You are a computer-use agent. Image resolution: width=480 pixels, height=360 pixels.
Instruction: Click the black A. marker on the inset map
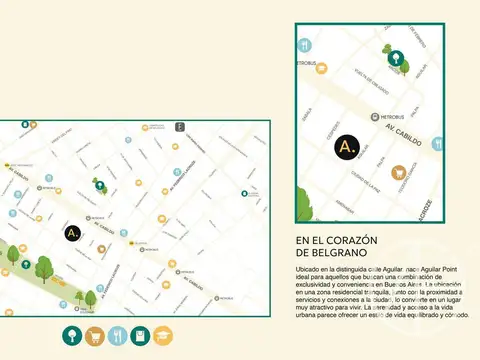pyautogui.click(x=347, y=147)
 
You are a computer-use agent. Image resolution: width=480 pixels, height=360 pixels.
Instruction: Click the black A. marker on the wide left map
pyautogui.click(x=72, y=232)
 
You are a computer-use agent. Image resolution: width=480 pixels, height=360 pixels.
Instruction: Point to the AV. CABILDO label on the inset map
pyautogui.click(x=403, y=129)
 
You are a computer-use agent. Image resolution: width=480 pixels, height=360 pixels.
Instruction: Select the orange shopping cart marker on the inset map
pyautogui.click(x=399, y=172)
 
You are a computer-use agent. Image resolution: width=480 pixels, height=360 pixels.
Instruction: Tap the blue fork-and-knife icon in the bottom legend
pyautogui.click(x=116, y=336)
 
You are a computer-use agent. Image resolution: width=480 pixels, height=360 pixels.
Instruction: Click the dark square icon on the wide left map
pyautogui.click(x=180, y=127)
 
